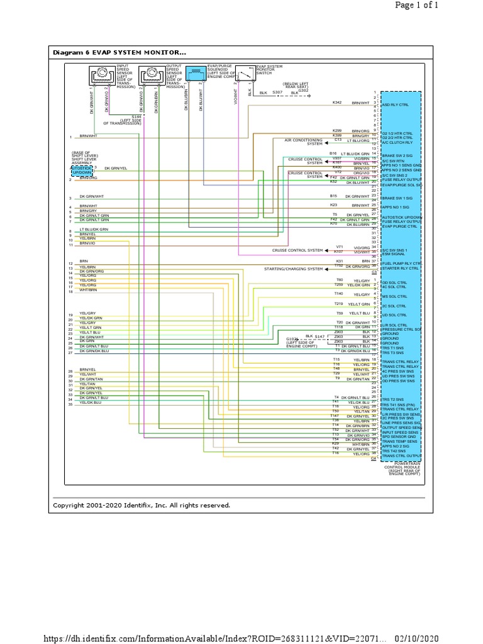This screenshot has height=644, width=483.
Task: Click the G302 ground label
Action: [x=303, y=90]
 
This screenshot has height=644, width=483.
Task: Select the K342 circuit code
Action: [x=336, y=102]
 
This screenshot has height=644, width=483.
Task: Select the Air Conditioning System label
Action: [x=303, y=142]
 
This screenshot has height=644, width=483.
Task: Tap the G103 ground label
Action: [x=291, y=338]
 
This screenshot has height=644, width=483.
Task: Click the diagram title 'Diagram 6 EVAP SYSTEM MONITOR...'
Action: [x=119, y=53]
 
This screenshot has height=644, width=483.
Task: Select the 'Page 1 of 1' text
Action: [x=438, y=5]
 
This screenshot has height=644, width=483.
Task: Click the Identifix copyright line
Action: [x=142, y=505]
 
